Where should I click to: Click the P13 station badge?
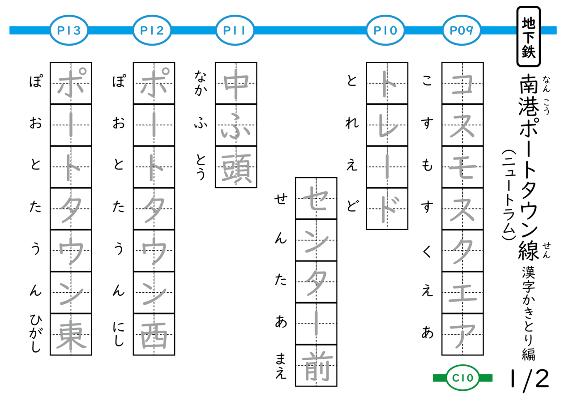pyautogui.click(x=69, y=30)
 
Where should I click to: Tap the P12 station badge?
pyautogui.click(x=152, y=30)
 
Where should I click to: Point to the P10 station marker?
pyautogui.click(x=385, y=30)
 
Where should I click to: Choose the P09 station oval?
pyautogui.click(x=462, y=30)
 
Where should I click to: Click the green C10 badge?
pyautogui.click(x=463, y=378)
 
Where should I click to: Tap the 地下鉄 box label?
pyautogui.click(x=529, y=36)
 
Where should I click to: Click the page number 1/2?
pyautogui.click(x=529, y=379)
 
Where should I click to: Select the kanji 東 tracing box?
pyautogui.click(x=71, y=334)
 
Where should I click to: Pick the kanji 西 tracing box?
pyautogui.click(x=154, y=334)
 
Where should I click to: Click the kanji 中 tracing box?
pyautogui.click(x=236, y=83)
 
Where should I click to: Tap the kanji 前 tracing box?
pyautogui.click(x=316, y=366)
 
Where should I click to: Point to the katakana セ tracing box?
pyautogui.click(x=316, y=198)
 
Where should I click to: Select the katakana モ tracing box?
pyautogui.click(x=462, y=167)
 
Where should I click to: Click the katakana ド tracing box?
pyautogui.click(x=387, y=209)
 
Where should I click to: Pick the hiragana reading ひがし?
pyautogui.click(x=35, y=333)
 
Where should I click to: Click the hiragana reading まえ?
pyautogui.click(x=281, y=366)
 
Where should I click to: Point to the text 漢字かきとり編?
pyautogui.click(x=529, y=313)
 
